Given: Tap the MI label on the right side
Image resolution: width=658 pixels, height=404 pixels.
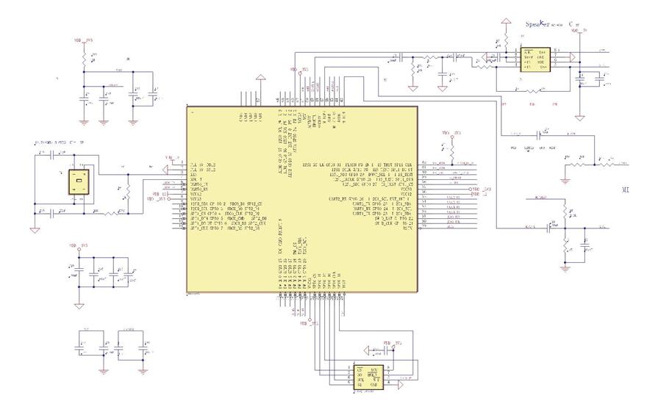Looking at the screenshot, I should point(626,189).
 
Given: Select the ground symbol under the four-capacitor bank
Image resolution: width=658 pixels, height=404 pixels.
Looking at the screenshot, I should point(78,303).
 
